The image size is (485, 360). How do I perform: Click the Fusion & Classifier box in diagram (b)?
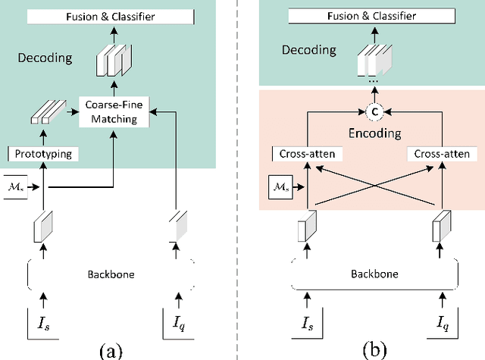pos(371,14)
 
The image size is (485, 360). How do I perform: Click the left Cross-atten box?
pos(303,155)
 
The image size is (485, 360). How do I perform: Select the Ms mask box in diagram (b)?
pos(280,185)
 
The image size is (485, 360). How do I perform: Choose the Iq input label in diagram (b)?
pos(440,327)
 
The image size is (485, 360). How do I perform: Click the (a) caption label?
pos(111,350)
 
